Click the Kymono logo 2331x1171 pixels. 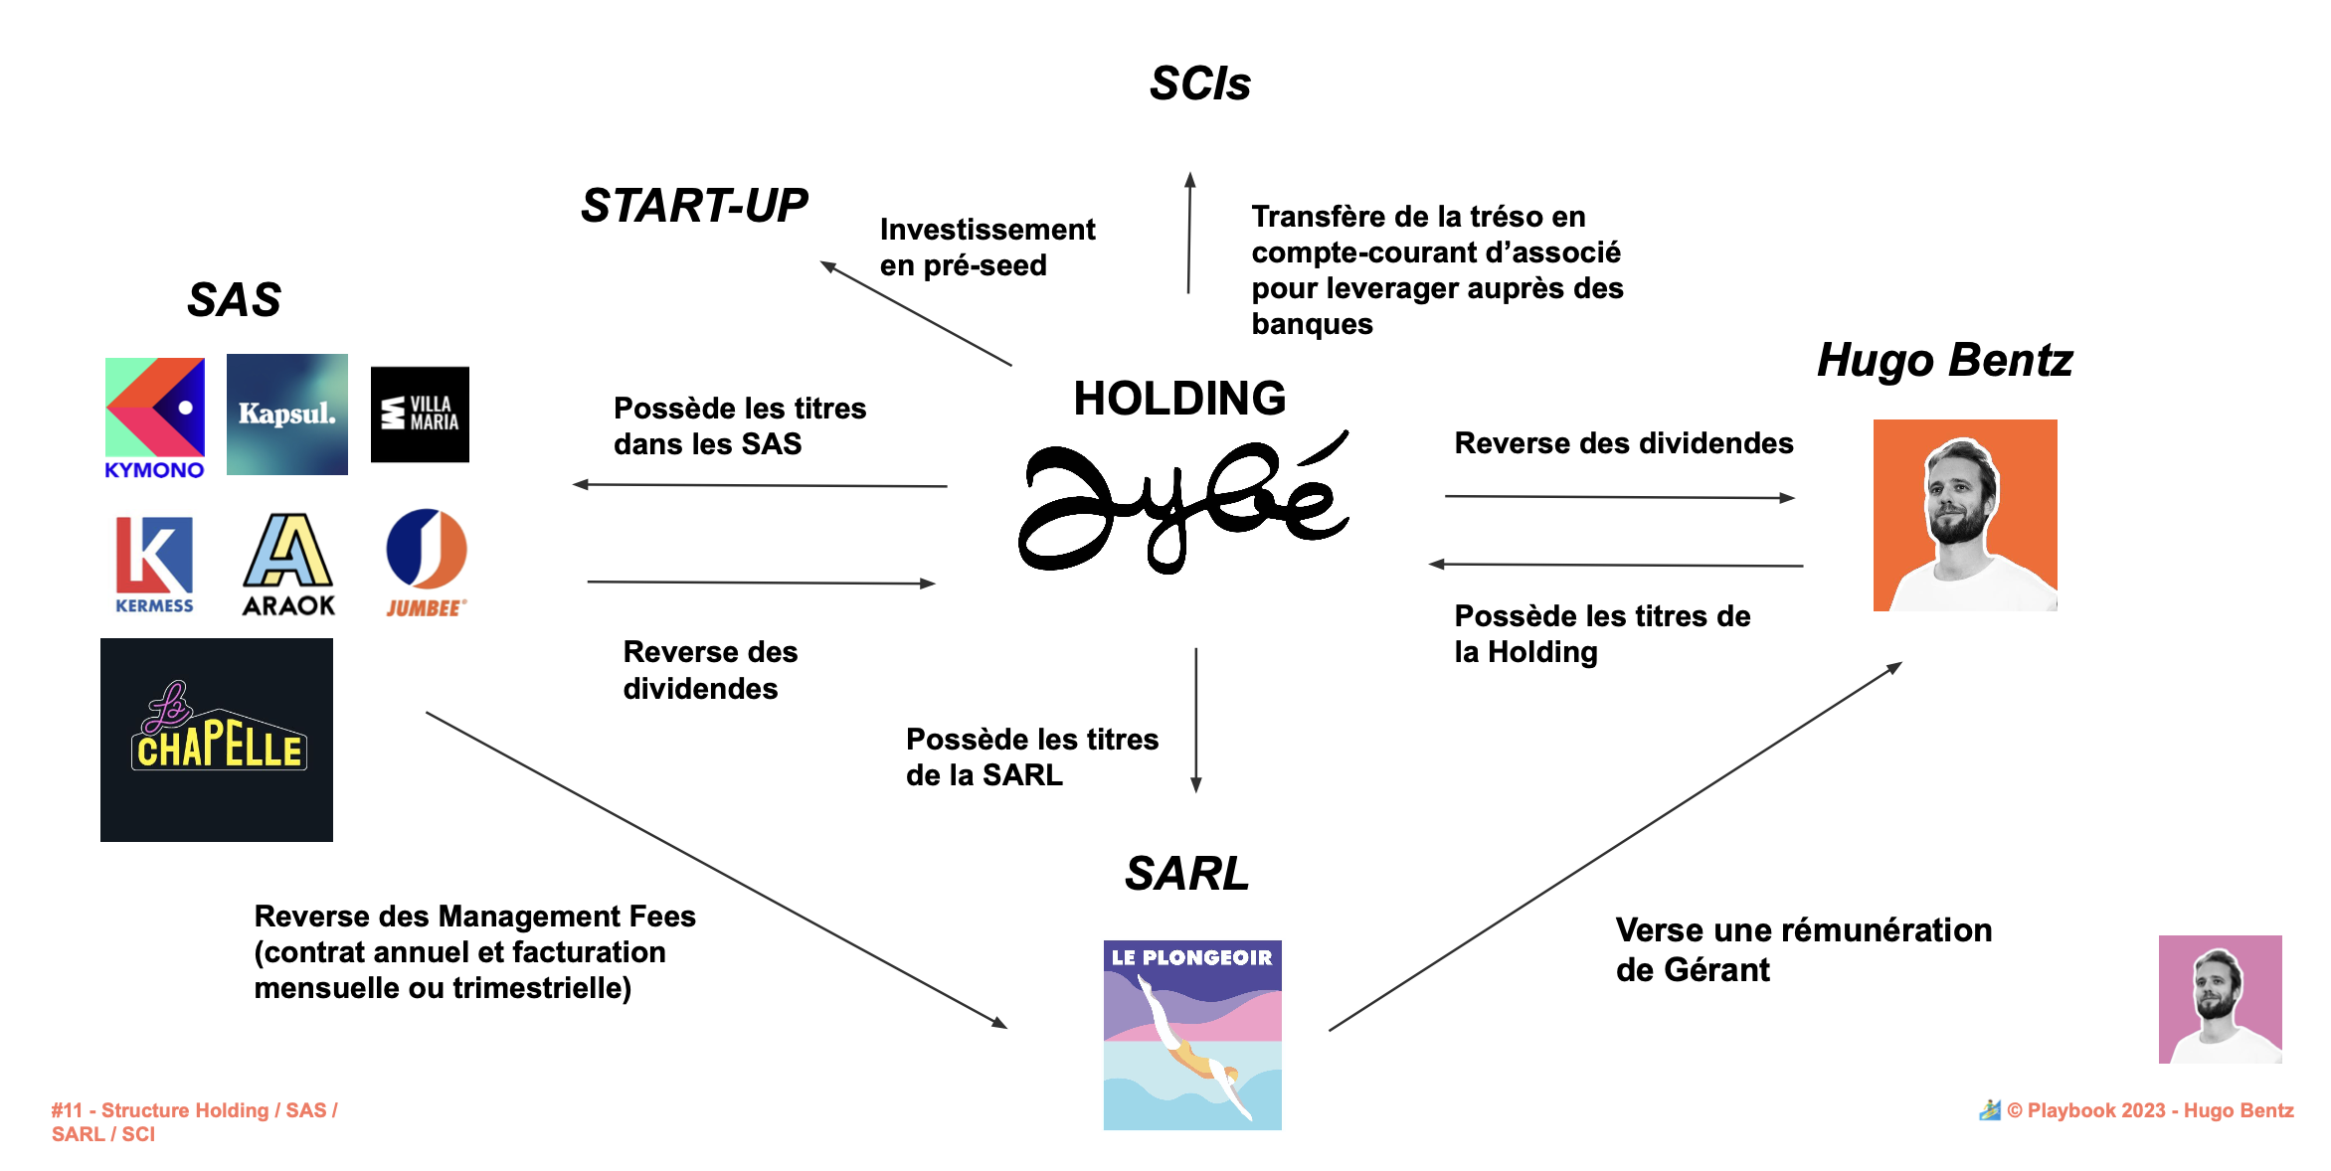pyautogui.click(x=155, y=418)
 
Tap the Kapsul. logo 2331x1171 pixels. pyautogui.click(x=287, y=414)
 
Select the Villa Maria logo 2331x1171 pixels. pyautogui.click(x=420, y=414)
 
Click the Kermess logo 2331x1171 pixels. pyautogui.click(x=154, y=563)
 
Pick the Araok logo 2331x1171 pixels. pyautogui.click(x=288, y=564)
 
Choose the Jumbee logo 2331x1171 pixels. pyautogui.click(x=427, y=563)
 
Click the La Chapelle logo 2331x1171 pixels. pyautogui.click(x=217, y=740)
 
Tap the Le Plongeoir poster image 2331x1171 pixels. pyautogui.click(x=1192, y=1034)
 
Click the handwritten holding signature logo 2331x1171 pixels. pyautogui.click(x=1183, y=502)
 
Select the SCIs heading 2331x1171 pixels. pyautogui.click(x=1199, y=84)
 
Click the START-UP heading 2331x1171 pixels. pyautogui.click(x=694, y=206)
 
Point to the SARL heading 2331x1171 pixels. pyautogui.click(x=1186, y=874)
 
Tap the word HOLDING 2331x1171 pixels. pyautogui.click(x=1179, y=399)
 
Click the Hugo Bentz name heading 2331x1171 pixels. pyautogui.click(x=1944, y=360)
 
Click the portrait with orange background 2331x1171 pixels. pyautogui.click(x=1965, y=515)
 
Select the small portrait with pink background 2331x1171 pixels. pyautogui.click(x=2220, y=998)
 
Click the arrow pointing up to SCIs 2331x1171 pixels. pyautogui.click(x=1189, y=234)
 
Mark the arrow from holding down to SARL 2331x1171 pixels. pyautogui.click(x=1196, y=720)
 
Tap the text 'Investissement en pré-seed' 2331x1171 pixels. pyautogui.click(x=986, y=248)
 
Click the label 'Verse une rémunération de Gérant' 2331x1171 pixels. pyautogui.click(x=1803, y=949)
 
